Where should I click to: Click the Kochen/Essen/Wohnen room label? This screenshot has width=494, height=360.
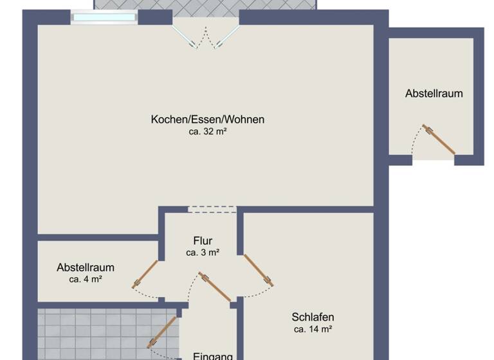tap(208, 119)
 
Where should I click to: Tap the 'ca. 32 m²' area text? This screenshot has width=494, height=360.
tap(208, 131)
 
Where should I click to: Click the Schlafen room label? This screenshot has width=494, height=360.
tap(313, 317)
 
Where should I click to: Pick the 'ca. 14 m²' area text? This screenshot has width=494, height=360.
tap(313, 329)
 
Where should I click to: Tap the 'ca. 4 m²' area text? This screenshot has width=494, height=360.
tap(86, 279)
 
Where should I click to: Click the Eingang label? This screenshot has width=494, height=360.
tap(213, 355)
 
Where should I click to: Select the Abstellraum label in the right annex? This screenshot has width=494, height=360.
tap(434, 93)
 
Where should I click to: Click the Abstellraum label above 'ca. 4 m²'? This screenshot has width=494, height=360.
tap(86, 267)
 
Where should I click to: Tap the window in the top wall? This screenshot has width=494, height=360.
tap(104, 17)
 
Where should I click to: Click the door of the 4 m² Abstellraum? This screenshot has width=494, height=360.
tap(145, 274)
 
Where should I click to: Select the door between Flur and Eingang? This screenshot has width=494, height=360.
tap(215, 286)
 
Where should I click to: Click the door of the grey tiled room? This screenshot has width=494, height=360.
tap(161, 332)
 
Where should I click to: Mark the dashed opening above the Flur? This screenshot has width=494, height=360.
tap(212, 208)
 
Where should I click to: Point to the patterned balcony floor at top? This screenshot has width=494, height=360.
tap(206, 5)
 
